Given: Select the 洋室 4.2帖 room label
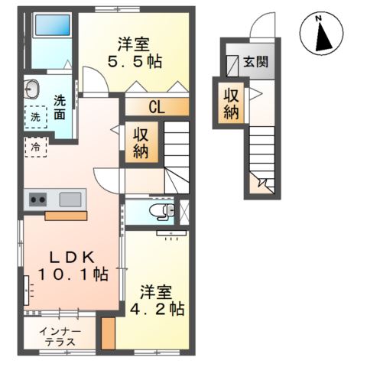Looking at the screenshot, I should [x=161, y=300].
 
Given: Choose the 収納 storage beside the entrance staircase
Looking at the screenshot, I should [x=233, y=101].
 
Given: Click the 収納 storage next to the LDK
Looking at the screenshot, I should [x=142, y=142].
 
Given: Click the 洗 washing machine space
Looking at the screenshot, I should [x=35, y=117].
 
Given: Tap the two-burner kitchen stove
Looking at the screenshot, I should [x=37, y=200].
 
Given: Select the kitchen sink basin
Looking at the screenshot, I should [x=70, y=200].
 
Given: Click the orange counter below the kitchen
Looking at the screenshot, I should [x=66, y=215].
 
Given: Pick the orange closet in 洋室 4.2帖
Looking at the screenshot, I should [x=109, y=332].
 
